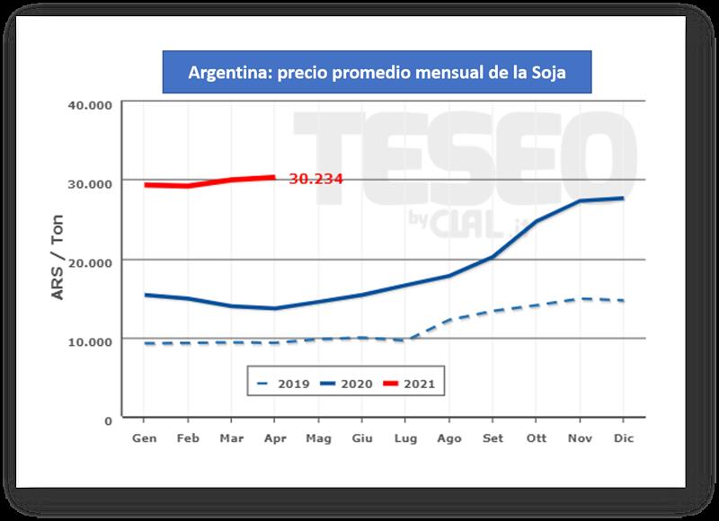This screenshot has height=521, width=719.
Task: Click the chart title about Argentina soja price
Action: click(377, 73)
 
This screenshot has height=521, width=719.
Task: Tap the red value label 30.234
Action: click(315, 179)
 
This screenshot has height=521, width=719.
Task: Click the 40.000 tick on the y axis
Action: click(89, 103)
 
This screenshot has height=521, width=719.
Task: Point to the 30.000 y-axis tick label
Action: click(89, 182)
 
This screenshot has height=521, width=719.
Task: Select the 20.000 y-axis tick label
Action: click(89, 261)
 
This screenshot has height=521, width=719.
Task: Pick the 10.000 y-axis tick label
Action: click(89, 340)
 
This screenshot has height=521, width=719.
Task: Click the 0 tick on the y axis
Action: click(108, 419)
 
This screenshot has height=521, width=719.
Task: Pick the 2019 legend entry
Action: click(283, 384)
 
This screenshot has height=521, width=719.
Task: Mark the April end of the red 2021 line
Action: click(274, 177)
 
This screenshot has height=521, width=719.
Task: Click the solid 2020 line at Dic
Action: click(623, 199)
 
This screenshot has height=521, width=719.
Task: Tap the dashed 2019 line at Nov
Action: click(580, 299)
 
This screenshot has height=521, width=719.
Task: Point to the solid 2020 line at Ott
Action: click(537, 221)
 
